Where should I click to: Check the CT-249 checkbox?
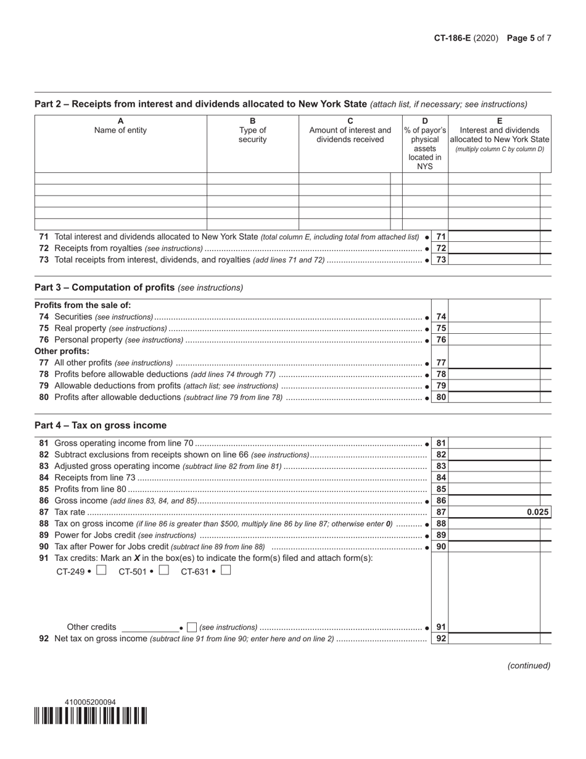point(102,571)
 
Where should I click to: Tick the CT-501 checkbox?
point(163,571)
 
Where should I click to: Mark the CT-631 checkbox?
point(226,571)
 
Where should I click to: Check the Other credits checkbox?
point(192,628)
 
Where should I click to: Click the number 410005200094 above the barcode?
point(90,702)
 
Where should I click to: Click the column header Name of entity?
point(120,130)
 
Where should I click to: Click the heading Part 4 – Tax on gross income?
point(101,425)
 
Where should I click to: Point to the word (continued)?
point(529,665)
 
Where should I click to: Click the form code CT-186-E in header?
point(452,38)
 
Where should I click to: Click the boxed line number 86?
point(441,501)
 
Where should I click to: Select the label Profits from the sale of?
point(83,305)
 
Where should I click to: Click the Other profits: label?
point(62,351)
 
